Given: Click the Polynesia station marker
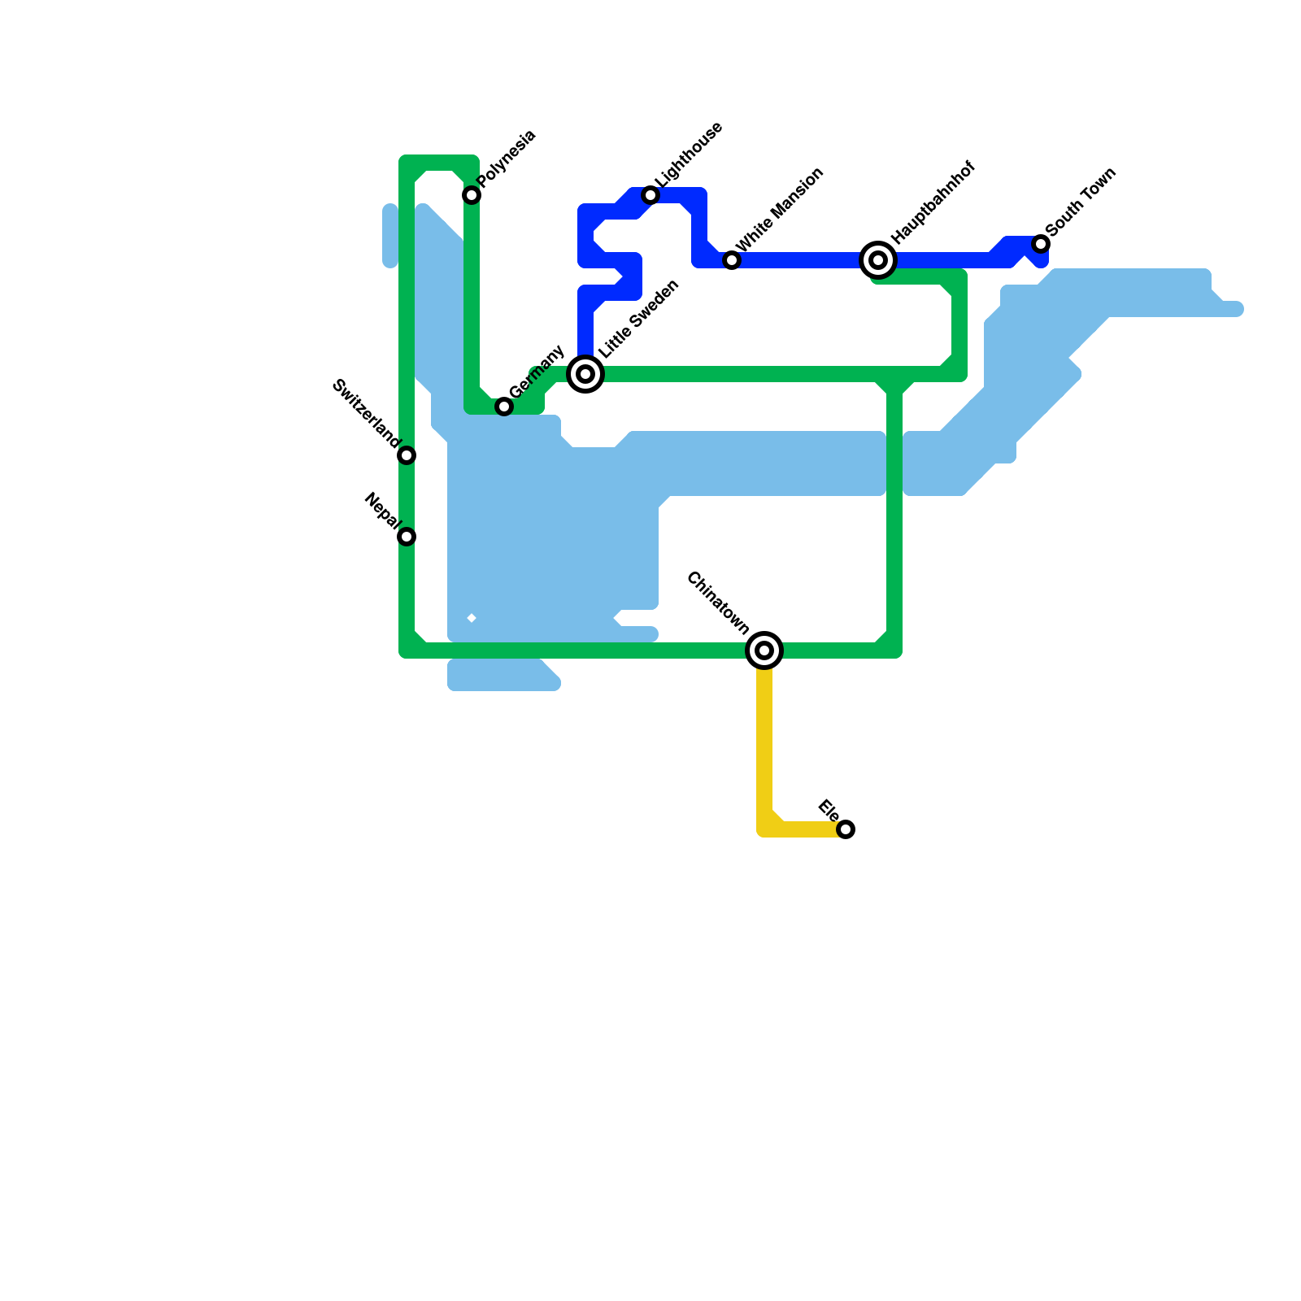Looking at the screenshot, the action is (472, 195).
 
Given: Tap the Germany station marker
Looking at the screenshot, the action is (504, 407).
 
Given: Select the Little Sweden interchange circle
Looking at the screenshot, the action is (585, 374).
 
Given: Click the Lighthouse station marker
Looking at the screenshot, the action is (650, 195).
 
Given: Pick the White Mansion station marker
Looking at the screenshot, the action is (732, 260).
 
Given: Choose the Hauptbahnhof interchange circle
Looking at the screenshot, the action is (878, 260).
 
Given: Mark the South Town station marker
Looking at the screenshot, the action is (1041, 244).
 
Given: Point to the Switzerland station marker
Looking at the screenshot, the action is (407, 455).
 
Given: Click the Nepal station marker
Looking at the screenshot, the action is (407, 537).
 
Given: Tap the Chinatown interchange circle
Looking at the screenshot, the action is (764, 650).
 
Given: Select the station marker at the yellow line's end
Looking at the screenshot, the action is (846, 829).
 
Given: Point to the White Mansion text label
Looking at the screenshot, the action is (780, 209).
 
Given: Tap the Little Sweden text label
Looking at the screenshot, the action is (638, 319).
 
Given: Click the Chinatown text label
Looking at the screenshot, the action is (717, 603).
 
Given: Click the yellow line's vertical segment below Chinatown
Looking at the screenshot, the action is (764, 740).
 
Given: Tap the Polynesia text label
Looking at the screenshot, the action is (507, 158).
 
